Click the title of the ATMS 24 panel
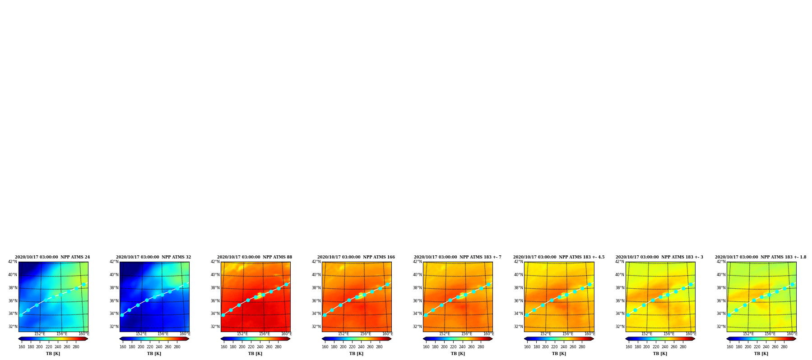point(52,257)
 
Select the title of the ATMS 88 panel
point(255,257)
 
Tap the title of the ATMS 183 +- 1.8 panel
point(761,257)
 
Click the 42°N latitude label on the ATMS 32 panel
point(114,262)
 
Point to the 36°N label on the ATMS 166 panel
point(316,301)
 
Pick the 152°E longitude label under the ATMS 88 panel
point(242,334)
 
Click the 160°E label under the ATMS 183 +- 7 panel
point(488,334)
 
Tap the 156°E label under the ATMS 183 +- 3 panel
point(669,334)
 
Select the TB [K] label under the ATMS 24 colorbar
point(53,354)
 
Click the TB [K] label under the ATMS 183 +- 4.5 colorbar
point(559,354)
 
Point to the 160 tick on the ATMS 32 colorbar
point(123,347)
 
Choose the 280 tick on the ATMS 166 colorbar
point(379,347)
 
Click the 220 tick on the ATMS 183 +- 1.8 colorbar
point(757,347)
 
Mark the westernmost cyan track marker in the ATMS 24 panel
point(21,315)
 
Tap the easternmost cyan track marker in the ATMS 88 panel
point(286,284)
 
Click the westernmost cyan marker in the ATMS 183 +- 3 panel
point(628,315)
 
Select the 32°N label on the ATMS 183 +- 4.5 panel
point(518,327)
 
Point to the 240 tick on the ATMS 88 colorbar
point(260,347)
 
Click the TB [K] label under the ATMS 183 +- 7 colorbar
point(458,354)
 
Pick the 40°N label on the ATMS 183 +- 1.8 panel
point(721,275)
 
